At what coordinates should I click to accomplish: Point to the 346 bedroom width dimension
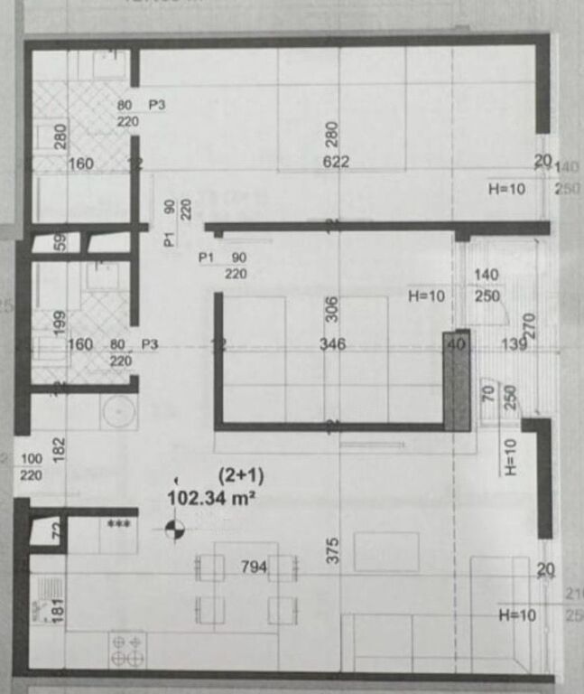pyautogui.click(x=333, y=344)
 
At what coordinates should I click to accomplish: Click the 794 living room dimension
pyautogui.click(x=254, y=567)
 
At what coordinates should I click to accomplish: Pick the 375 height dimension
pyautogui.click(x=333, y=548)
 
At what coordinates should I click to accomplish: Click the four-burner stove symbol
pyautogui.click(x=127, y=649)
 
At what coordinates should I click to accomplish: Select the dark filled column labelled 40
pyautogui.click(x=457, y=379)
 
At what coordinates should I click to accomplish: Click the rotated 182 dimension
pyautogui.click(x=60, y=448)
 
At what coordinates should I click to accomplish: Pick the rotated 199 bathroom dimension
pyautogui.click(x=60, y=323)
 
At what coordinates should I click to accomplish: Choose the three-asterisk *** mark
pyautogui.click(x=118, y=524)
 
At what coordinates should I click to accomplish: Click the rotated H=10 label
pyautogui.click(x=510, y=456)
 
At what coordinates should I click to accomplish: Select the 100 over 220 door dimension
pyautogui.click(x=31, y=466)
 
